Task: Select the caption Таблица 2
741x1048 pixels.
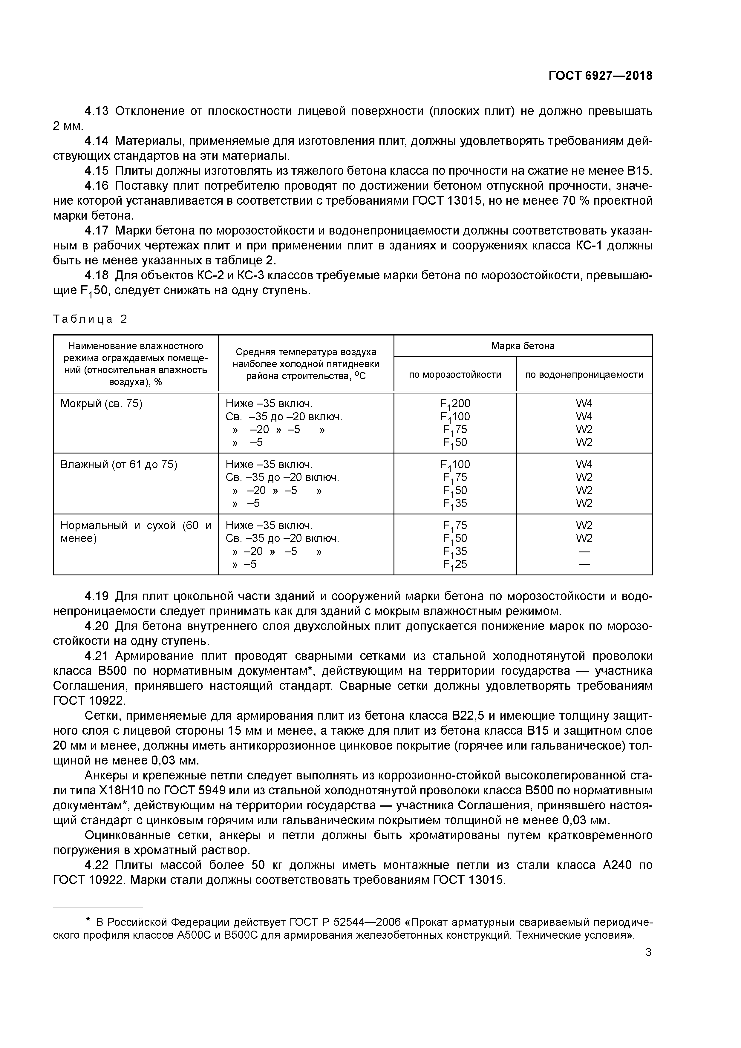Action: (90, 319)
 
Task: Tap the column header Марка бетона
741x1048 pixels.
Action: (523, 346)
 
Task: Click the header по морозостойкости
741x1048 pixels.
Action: (455, 375)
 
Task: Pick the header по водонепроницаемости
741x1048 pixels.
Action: (584, 375)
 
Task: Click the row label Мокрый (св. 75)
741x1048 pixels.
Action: (101, 404)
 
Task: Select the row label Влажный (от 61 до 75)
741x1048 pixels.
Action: (119, 464)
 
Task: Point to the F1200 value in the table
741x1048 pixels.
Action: (455, 404)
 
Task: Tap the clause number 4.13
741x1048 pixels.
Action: (97, 111)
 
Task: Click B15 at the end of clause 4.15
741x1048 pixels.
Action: (639, 171)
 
